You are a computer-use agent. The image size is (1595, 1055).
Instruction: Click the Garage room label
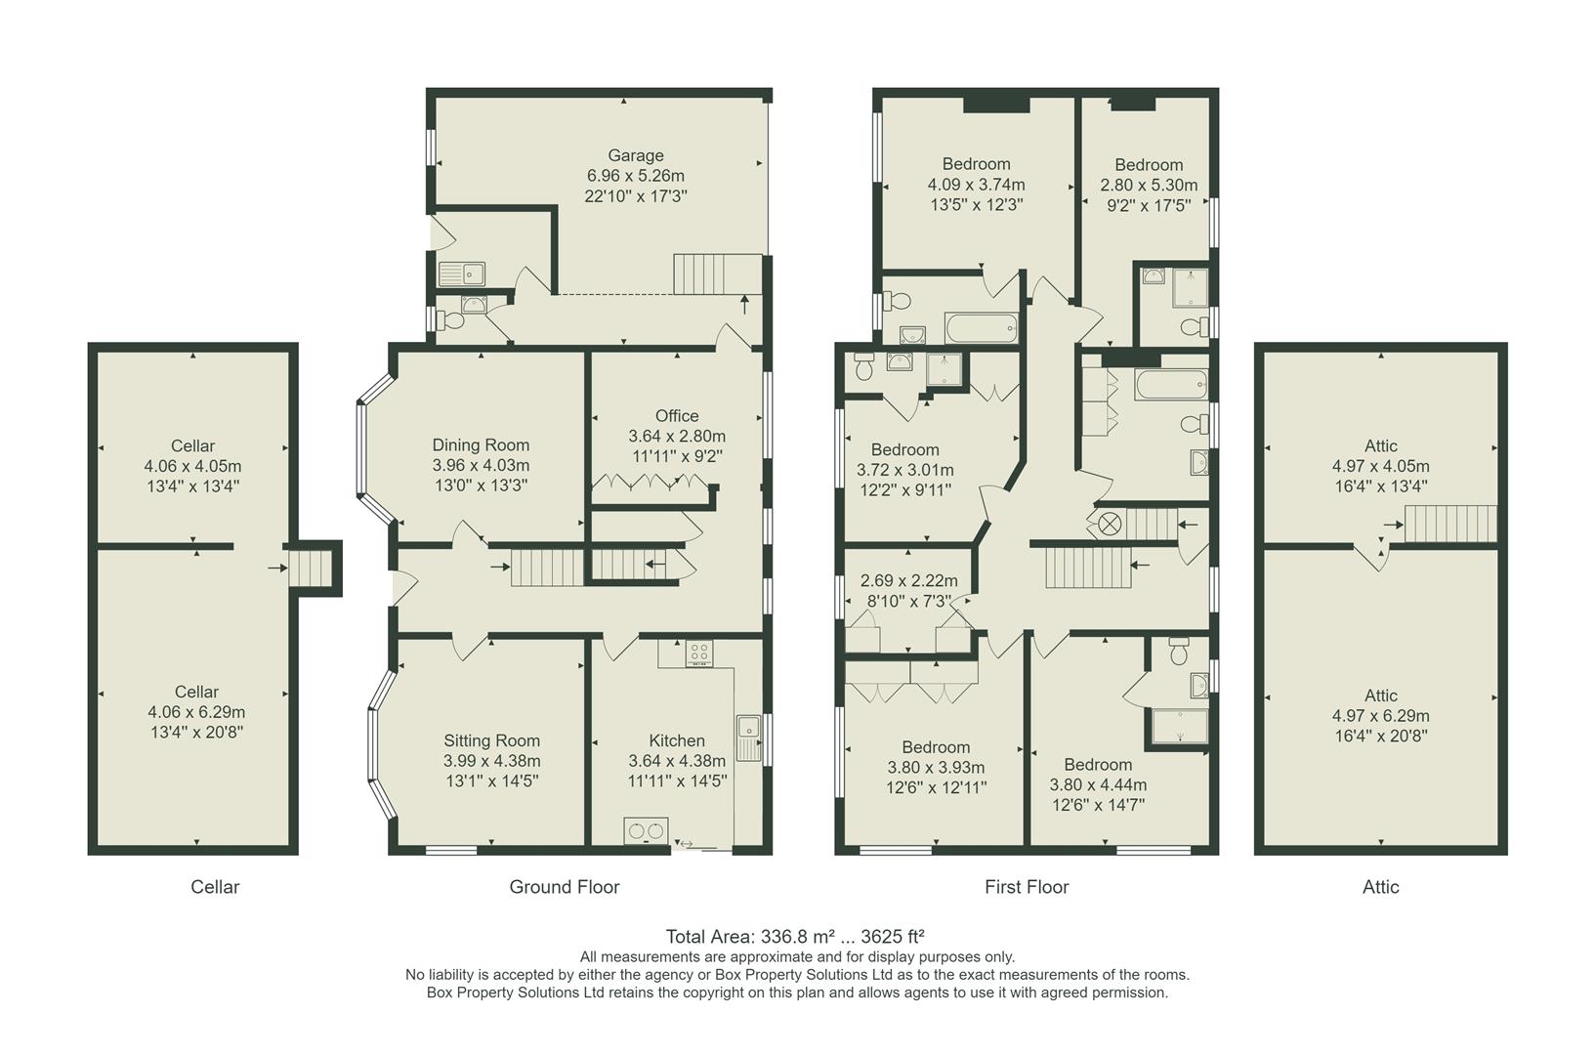tap(635, 155)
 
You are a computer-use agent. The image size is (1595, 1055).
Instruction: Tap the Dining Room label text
tap(481, 445)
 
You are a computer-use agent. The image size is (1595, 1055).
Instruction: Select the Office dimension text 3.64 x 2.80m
tap(677, 437)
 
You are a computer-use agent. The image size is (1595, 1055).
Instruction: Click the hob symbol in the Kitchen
tap(698, 653)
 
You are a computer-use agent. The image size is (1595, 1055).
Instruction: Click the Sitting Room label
tap(491, 740)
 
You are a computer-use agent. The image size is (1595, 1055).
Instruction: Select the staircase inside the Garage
tap(718, 274)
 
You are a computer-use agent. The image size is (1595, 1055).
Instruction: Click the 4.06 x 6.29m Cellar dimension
tap(196, 712)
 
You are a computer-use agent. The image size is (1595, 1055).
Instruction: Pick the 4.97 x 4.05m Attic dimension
tap(1380, 466)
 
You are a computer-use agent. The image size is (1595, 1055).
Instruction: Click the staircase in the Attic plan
tap(1450, 524)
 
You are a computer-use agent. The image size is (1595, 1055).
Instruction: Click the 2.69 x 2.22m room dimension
tap(908, 580)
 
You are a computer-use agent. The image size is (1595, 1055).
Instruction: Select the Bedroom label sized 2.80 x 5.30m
tap(1149, 165)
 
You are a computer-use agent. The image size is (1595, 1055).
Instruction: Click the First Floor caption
tap(1026, 887)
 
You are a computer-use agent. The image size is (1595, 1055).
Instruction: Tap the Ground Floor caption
tap(564, 887)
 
